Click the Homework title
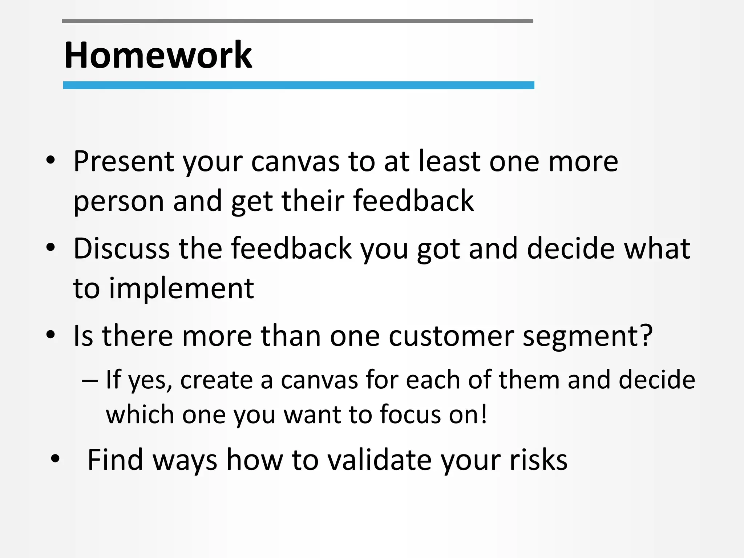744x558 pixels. [158, 55]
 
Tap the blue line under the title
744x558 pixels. [298, 85]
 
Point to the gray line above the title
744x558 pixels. [298, 21]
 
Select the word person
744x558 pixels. [118, 202]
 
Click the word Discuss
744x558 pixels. [121, 248]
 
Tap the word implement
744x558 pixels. [181, 289]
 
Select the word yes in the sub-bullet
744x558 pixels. [150, 381]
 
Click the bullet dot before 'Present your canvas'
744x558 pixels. [50, 160]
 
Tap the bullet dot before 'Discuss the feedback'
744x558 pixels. [50, 247]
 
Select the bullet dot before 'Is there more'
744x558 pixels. [50, 335]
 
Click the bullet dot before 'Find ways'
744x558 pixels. [55, 458]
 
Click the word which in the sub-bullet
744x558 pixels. [140, 415]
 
